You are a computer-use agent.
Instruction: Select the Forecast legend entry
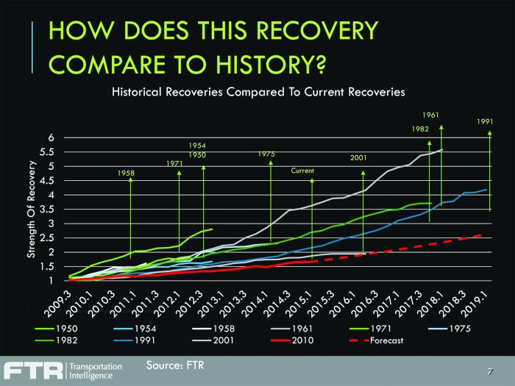[x=382, y=341]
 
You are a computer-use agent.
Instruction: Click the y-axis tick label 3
[x=51, y=224]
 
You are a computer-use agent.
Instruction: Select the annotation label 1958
[x=127, y=173]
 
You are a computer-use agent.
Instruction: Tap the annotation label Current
[x=302, y=171]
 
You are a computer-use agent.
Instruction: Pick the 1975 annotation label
[x=266, y=154]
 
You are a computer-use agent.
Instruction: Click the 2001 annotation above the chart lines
[x=359, y=157]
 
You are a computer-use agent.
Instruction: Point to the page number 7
[x=489, y=372]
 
